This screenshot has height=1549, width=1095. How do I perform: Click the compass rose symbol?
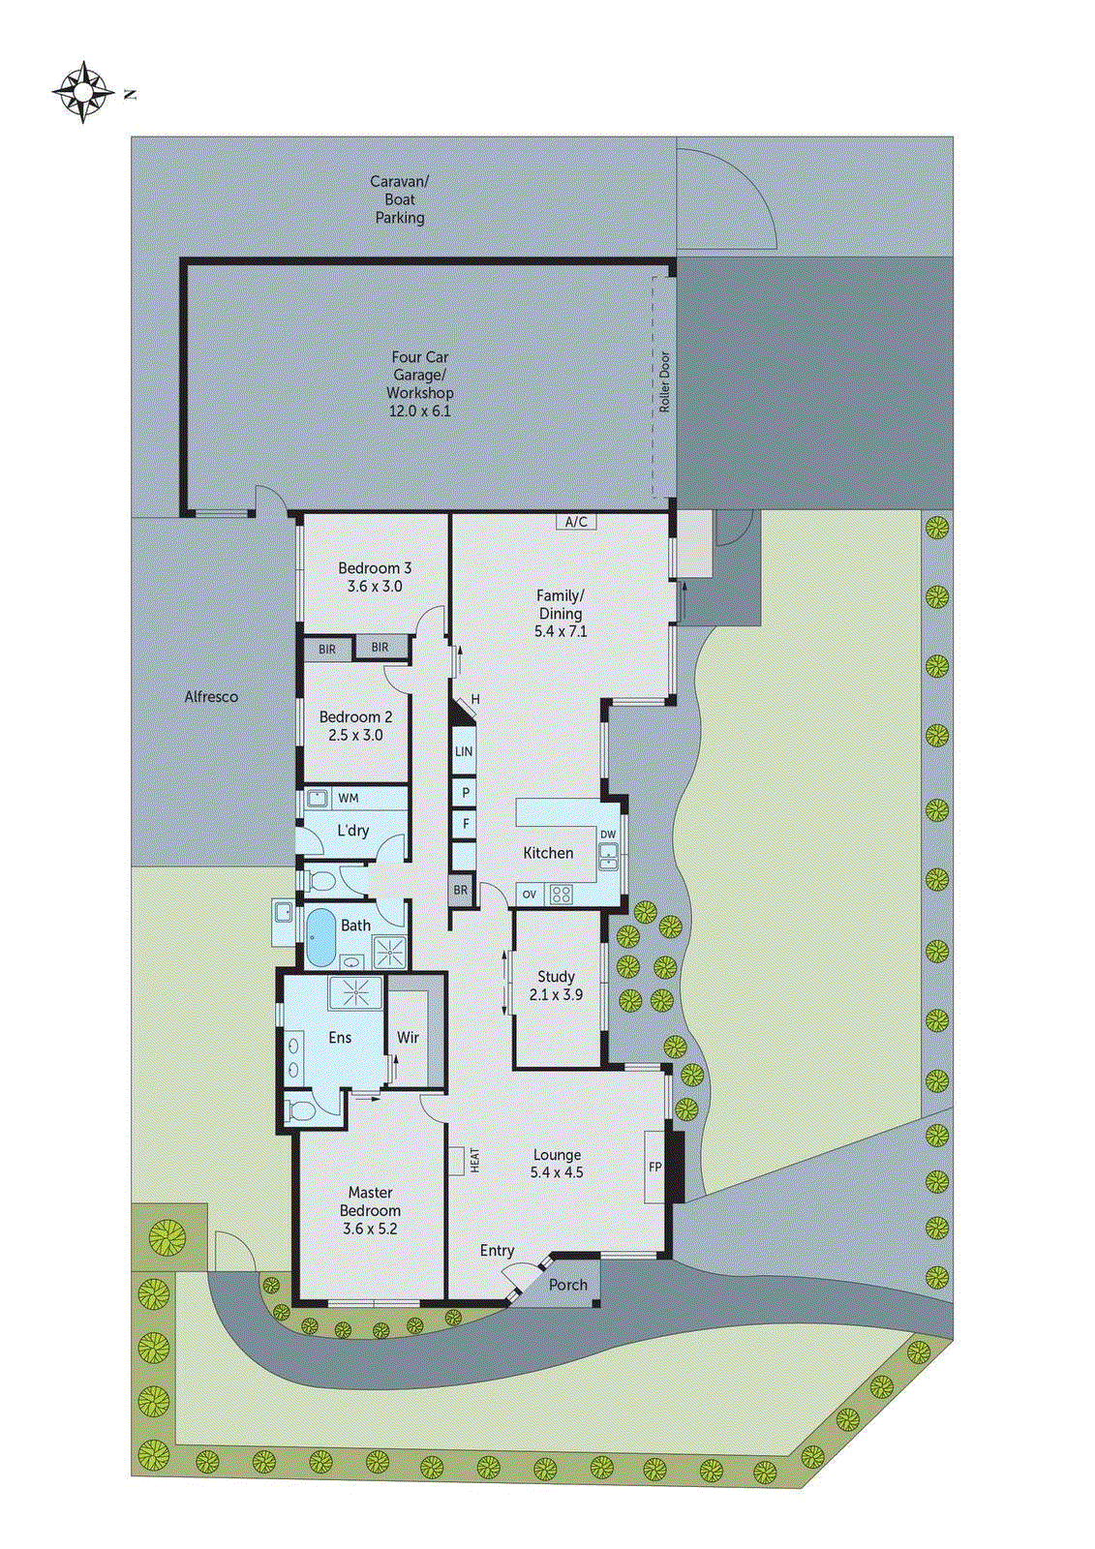pyautogui.click(x=83, y=92)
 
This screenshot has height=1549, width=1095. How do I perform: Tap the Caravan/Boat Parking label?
pyautogui.click(x=400, y=199)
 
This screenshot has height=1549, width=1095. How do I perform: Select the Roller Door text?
pyautogui.click(x=665, y=382)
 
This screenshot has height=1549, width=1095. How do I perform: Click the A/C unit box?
pyautogui.click(x=576, y=522)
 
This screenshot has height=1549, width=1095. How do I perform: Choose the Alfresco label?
pyautogui.click(x=211, y=696)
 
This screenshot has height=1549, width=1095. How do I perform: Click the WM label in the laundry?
pyautogui.click(x=349, y=799)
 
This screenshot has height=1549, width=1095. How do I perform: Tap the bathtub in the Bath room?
pyautogui.click(x=319, y=937)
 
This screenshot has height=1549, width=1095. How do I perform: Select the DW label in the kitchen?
pyautogui.click(x=608, y=835)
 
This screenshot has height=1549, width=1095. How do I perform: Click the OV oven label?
pyautogui.click(x=529, y=895)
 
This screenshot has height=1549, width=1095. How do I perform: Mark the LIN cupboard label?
pyautogui.click(x=464, y=751)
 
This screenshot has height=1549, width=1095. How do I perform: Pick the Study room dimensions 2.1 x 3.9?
pyautogui.click(x=556, y=994)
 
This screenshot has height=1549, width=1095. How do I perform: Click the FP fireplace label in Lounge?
pyautogui.click(x=655, y=1167)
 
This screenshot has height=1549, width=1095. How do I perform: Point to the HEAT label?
pyautogui.click(x=474, y=1161)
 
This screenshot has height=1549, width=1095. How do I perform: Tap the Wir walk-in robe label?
pyautogui.click(x=408, y=1037)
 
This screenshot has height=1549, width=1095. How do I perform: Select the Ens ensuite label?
pyautogui.click(x=340, y=1037)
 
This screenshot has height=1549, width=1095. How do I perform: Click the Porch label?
pyautogui.click(x=568, y=1285)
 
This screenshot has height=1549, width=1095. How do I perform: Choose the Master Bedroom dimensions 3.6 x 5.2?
pyautogui.click(x=370, y=1229)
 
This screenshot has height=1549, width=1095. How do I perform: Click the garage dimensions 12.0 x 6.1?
pyautogui.click(x=419, y=410)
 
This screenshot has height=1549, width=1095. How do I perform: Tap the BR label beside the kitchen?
pyautogui.click(x=461, y=890)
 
